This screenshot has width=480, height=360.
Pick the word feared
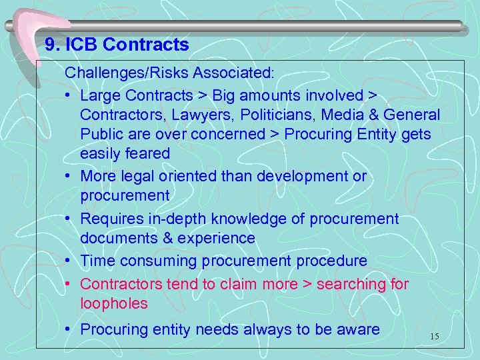[x=148, y=153]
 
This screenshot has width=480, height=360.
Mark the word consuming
[x=153, y=261]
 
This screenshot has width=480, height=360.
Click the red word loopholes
[x=114, y=303]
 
